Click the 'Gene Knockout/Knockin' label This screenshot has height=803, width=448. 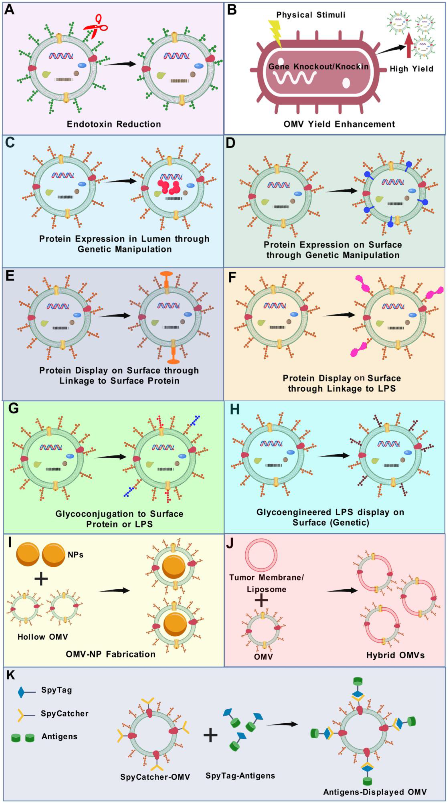point(318,66)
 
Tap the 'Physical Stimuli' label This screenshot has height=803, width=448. point(311,15)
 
